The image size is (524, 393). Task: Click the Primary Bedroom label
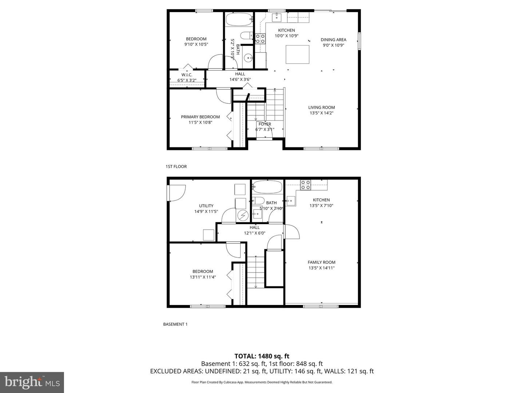[x=200, y=117]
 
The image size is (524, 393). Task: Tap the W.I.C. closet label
[x=187, y=75]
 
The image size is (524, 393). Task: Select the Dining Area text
[x=333, y=40]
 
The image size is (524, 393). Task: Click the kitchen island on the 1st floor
[x=297, y=54]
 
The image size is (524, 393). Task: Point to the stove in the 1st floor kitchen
[x=260, y=39]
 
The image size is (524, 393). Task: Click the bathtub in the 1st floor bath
[x=239, y=19]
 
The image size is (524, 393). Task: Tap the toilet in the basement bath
[x=258, y=201]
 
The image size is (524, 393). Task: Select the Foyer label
[x=265, y=124]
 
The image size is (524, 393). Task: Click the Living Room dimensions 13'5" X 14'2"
[x=321, y=113]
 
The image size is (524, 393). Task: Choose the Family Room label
[x=321, y=262]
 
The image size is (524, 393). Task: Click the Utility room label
[x=206, y=206]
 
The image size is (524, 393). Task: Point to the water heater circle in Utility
[x=243, y=216]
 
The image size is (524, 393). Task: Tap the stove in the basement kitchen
[x=305, y=185]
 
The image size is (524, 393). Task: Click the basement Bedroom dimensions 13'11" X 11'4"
[x=203, y=277]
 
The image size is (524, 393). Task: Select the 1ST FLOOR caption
[x=176, y=166]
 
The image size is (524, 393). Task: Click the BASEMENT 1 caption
[x=175, y=324]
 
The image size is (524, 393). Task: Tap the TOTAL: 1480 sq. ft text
[x=262, y=356]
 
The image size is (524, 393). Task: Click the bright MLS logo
[x=32, y=382]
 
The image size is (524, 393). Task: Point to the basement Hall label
[x=254, y=227]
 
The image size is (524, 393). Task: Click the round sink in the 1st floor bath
[x=248, y=58]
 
